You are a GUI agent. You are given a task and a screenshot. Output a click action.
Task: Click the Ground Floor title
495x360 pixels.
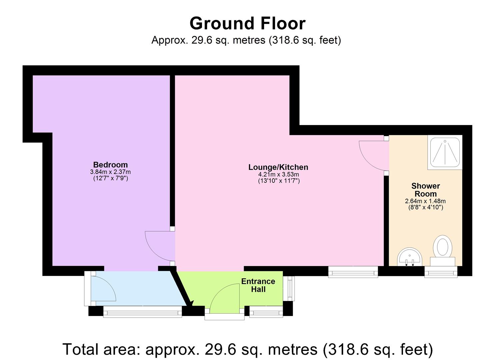tap(247, 23)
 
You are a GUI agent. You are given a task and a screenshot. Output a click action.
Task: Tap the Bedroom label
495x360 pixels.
tap(110, 165)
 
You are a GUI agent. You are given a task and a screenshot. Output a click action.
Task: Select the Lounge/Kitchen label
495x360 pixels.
tap(278, 167)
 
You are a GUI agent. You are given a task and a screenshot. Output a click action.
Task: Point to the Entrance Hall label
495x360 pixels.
tap(258, 285)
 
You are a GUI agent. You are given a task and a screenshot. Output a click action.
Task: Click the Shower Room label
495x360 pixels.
tap(426, 190)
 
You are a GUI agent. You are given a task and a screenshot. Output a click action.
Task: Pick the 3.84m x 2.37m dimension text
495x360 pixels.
tap(110, 172)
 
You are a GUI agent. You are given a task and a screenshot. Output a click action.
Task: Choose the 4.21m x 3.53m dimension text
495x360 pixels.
tap(278, 174)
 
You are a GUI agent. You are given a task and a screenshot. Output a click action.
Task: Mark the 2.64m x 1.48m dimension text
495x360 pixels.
tap(425, 201)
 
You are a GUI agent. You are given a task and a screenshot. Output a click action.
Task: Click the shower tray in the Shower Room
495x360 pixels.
tap(445, 152)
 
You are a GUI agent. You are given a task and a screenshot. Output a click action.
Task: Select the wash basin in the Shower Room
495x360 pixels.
tap(409, 257)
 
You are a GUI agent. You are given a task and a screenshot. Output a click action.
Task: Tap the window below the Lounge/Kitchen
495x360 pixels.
tap(353, 272)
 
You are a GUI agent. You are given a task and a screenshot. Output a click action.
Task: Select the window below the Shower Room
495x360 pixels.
tap(441, 272)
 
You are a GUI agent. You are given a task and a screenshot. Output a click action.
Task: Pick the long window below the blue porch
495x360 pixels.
tap(143, 312)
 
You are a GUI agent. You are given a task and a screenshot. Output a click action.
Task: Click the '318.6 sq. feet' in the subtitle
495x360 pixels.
tap(305, 40)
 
